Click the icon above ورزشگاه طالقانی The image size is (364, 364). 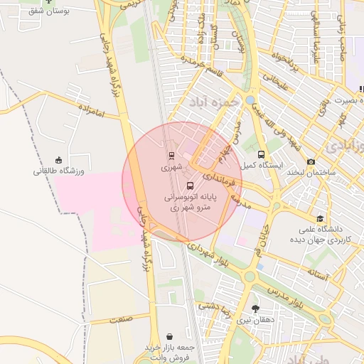(58, 160)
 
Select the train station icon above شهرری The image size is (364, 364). (171, 156)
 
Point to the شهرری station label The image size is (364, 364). (171, 168)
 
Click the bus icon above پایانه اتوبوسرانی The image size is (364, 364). (189, 185)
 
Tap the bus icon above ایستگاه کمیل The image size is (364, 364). (261, 154)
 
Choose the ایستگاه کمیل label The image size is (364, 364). (260, 166)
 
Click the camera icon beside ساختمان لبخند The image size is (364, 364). (311, 162)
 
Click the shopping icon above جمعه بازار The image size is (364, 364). (169, 336)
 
